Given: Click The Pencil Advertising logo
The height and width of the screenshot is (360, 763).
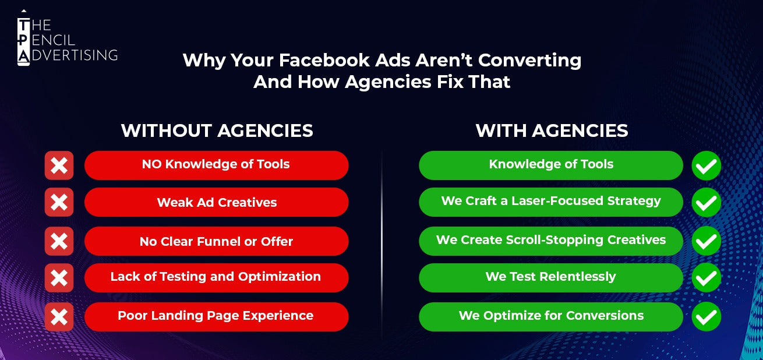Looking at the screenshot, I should [x=67, y=38].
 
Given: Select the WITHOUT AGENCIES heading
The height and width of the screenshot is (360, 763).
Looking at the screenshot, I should [x=217, y=130].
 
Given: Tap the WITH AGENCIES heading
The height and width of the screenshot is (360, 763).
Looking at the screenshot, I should [x=552, y=130].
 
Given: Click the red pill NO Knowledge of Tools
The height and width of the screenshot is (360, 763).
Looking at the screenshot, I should [x=216, y=165].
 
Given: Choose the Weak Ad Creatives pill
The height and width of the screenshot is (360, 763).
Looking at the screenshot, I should [x=216, y=203].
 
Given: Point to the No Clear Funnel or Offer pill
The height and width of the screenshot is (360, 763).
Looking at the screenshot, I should [x=216, y=241].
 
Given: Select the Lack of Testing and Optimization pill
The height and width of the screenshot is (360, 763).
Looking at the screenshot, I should [x=216, y=277].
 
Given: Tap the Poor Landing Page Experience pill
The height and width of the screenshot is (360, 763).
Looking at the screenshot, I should [x=216, y=316].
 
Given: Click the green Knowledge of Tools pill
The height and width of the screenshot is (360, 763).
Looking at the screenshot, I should [x=550, y=165].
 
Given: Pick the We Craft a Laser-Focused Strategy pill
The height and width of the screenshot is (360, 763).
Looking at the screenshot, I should [x=550, y=202].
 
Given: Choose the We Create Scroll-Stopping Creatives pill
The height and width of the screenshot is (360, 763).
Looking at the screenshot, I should [x=550, y=241].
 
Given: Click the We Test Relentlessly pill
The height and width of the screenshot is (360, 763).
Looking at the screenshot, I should [x=550, y=277].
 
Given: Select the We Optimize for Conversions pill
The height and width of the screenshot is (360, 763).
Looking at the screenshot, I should [x=550, y=316].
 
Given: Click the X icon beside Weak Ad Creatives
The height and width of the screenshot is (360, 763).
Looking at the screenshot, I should [x=59, y=203].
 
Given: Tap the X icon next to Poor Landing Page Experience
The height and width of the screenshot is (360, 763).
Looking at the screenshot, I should [x=59, y=316].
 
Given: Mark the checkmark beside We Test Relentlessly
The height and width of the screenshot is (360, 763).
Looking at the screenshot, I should [x=706, y=277].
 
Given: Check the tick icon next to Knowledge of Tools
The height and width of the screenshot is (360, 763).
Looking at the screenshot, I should [x=706, y=165].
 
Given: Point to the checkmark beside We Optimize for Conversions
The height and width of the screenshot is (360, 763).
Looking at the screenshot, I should [x=706, y=316].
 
